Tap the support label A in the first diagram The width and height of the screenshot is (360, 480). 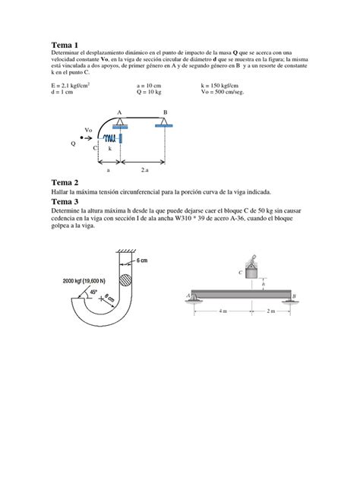coord(119,112)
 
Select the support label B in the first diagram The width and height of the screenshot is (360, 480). coord(166,112)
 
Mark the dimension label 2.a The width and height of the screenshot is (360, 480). coord(144,172)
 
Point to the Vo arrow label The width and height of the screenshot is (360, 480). coord(88,130)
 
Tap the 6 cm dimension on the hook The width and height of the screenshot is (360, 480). coord(142,260)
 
